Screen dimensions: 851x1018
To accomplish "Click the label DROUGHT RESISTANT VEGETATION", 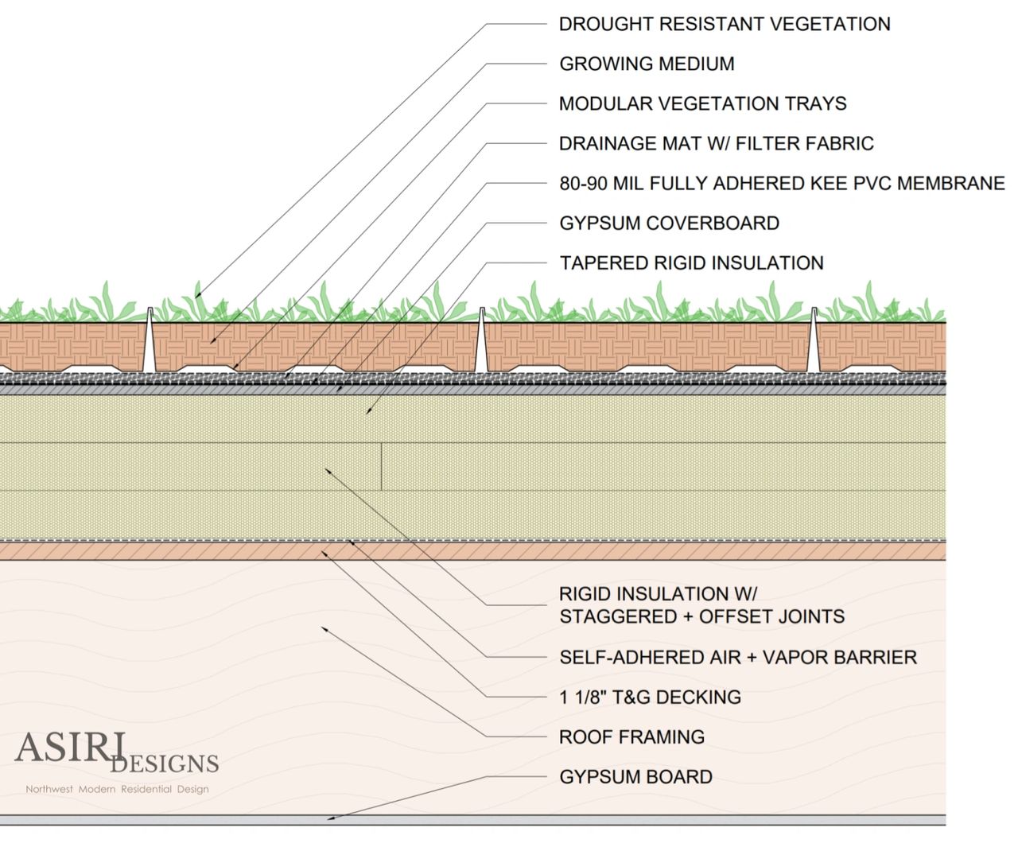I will (x=724, y=24).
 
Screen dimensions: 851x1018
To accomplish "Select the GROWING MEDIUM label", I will (x=647, y=64).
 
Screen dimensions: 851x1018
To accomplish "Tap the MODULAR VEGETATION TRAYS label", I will (x=702, y=103).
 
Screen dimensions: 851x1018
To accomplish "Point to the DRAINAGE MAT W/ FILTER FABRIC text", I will (x=716, y=143).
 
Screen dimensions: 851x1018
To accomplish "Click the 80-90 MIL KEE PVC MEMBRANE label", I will (x=782, y=183).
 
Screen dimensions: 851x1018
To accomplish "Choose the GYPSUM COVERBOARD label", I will (x=669, y=223).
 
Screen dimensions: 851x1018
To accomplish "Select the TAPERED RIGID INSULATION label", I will (x=691, y=262).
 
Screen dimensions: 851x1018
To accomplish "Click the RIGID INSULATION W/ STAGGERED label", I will (x=701, y=605).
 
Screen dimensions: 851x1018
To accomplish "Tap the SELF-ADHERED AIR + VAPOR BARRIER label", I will (x=737, y=657).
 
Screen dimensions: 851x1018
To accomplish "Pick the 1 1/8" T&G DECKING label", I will (x=650, y=697).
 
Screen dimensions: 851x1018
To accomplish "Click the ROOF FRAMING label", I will (x=631, y=736).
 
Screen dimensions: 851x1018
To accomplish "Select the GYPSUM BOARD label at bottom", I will (x=635, y=776).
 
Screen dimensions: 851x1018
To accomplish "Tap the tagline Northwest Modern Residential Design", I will (x=117, y=789).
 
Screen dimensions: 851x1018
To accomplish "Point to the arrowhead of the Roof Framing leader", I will (x=323, y=628).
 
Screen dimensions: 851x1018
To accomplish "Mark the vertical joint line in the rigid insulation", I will (x=382, y=466).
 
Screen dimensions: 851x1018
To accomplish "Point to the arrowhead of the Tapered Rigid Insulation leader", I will (x=367, y=412).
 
